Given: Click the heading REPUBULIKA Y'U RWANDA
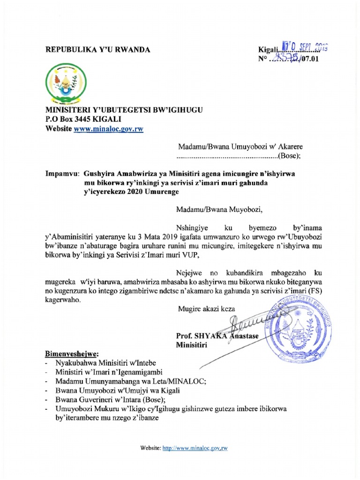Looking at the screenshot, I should [x=97, y=50].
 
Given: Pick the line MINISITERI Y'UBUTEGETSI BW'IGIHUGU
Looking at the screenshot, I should [x=124, y=110].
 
